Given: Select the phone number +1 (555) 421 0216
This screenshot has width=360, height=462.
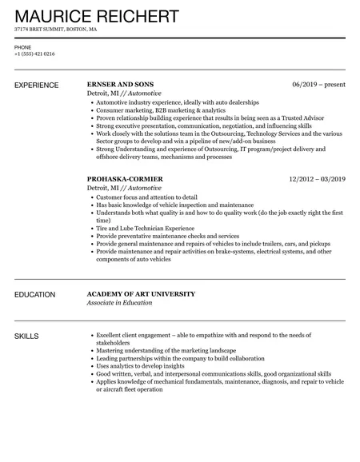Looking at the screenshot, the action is click(x=35, y=54).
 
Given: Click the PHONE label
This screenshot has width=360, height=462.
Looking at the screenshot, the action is click(x=22, y=47).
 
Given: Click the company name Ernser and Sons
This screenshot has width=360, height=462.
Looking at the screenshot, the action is click(x=119, y=84).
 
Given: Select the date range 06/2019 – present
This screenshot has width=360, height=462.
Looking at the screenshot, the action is click(x=319, y=84).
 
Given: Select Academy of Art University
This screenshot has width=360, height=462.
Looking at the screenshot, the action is click(x=140, y=294).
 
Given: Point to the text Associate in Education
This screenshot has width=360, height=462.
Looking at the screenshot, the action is click(x=124, y=303).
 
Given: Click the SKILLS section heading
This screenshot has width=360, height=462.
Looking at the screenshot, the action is click(x=26, y=336).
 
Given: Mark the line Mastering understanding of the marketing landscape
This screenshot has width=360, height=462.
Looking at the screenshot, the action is click(x=166, y=351).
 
